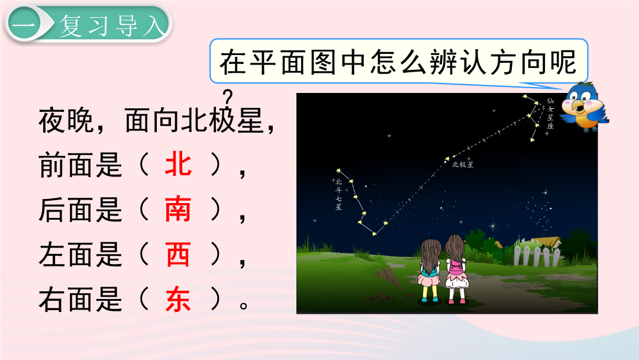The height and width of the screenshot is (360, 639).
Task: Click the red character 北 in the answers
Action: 178,164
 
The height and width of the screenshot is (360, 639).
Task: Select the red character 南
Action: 178,209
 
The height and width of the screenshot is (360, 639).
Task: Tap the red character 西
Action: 178,255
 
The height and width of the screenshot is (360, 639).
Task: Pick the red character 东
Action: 178,300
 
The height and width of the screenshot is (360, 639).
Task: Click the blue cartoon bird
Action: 584,107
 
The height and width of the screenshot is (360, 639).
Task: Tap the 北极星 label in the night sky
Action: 463,165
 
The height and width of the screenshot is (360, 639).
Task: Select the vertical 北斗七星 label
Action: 338,194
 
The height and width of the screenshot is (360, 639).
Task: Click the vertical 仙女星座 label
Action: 550,114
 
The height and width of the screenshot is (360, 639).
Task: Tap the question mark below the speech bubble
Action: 228,98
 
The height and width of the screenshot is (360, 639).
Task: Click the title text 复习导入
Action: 112,25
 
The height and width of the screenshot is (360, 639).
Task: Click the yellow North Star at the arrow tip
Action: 447,159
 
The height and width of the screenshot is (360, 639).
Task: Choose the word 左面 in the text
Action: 66,255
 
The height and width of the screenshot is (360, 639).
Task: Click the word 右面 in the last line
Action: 66,300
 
